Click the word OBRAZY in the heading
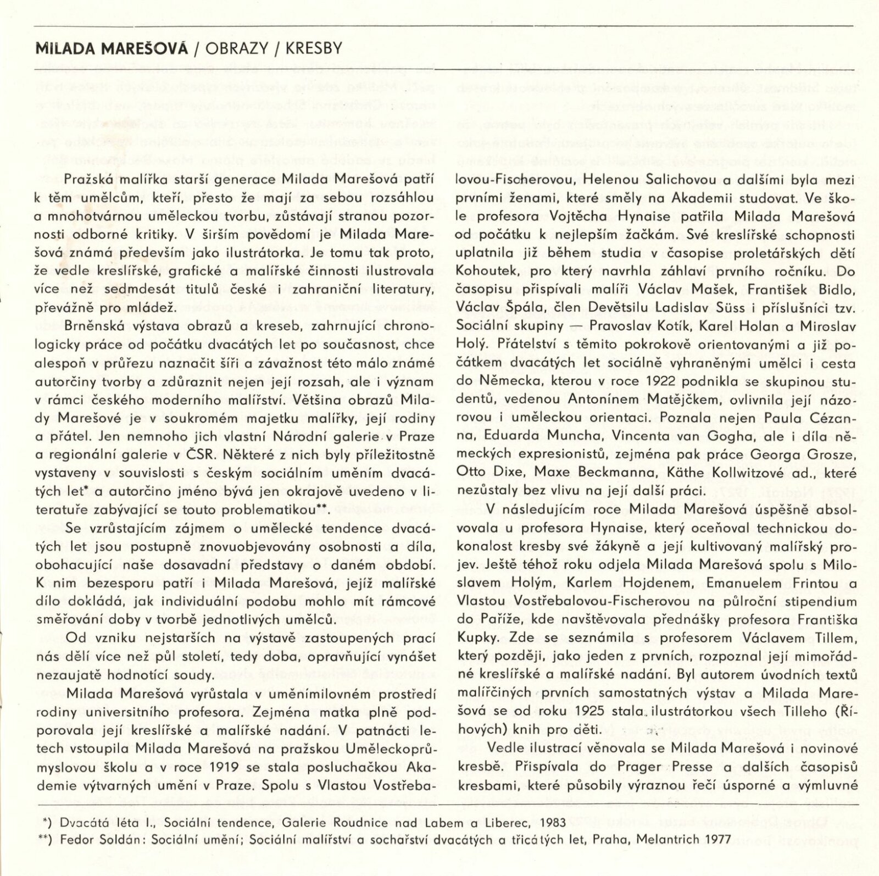tap(236, 49)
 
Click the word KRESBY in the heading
tap(311, 49)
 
